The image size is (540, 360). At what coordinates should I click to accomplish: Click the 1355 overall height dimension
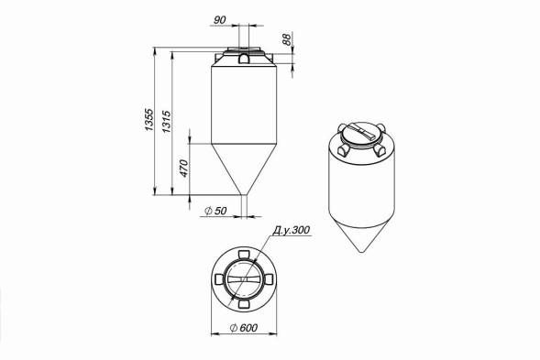[x=149, y=119]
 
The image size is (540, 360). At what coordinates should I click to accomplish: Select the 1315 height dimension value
[x=166, y=122]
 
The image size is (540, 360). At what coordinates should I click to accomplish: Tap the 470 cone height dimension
[x=184, y=169]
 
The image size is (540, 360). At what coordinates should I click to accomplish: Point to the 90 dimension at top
[x=220, y=20]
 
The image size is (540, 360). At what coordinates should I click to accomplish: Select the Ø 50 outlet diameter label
[x=215, y=211]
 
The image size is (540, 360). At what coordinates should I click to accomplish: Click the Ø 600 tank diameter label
[x=243, y=328]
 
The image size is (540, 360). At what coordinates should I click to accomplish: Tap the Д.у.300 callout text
[x=292, y=230]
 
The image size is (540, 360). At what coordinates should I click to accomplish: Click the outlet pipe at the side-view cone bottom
[x=244, y=206]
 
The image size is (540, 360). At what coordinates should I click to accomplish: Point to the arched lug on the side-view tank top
[x=244, y=59]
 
